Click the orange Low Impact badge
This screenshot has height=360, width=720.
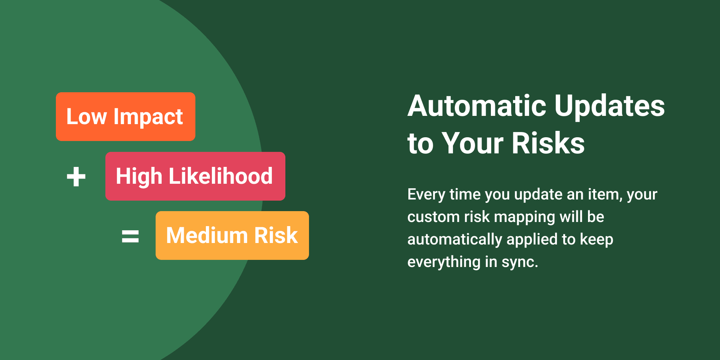pyautogui.click(x=126, y=117)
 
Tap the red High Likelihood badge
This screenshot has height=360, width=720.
pyautogui.click(x=195, y=176)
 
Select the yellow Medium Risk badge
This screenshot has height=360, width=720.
pyautogui.click(x=232, y=235)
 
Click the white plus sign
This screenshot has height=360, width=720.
pyautogui.click(x=76, y=177)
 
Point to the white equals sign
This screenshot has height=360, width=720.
pyautogui.click(x=130, y=236)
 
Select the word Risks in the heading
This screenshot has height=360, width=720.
pyautogui.click(x=548, y=143)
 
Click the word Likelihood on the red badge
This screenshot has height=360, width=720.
pyautogui.click(x=220, y=176)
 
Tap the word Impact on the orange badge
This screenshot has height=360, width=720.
pyautogui.click(x=148, y=117)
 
